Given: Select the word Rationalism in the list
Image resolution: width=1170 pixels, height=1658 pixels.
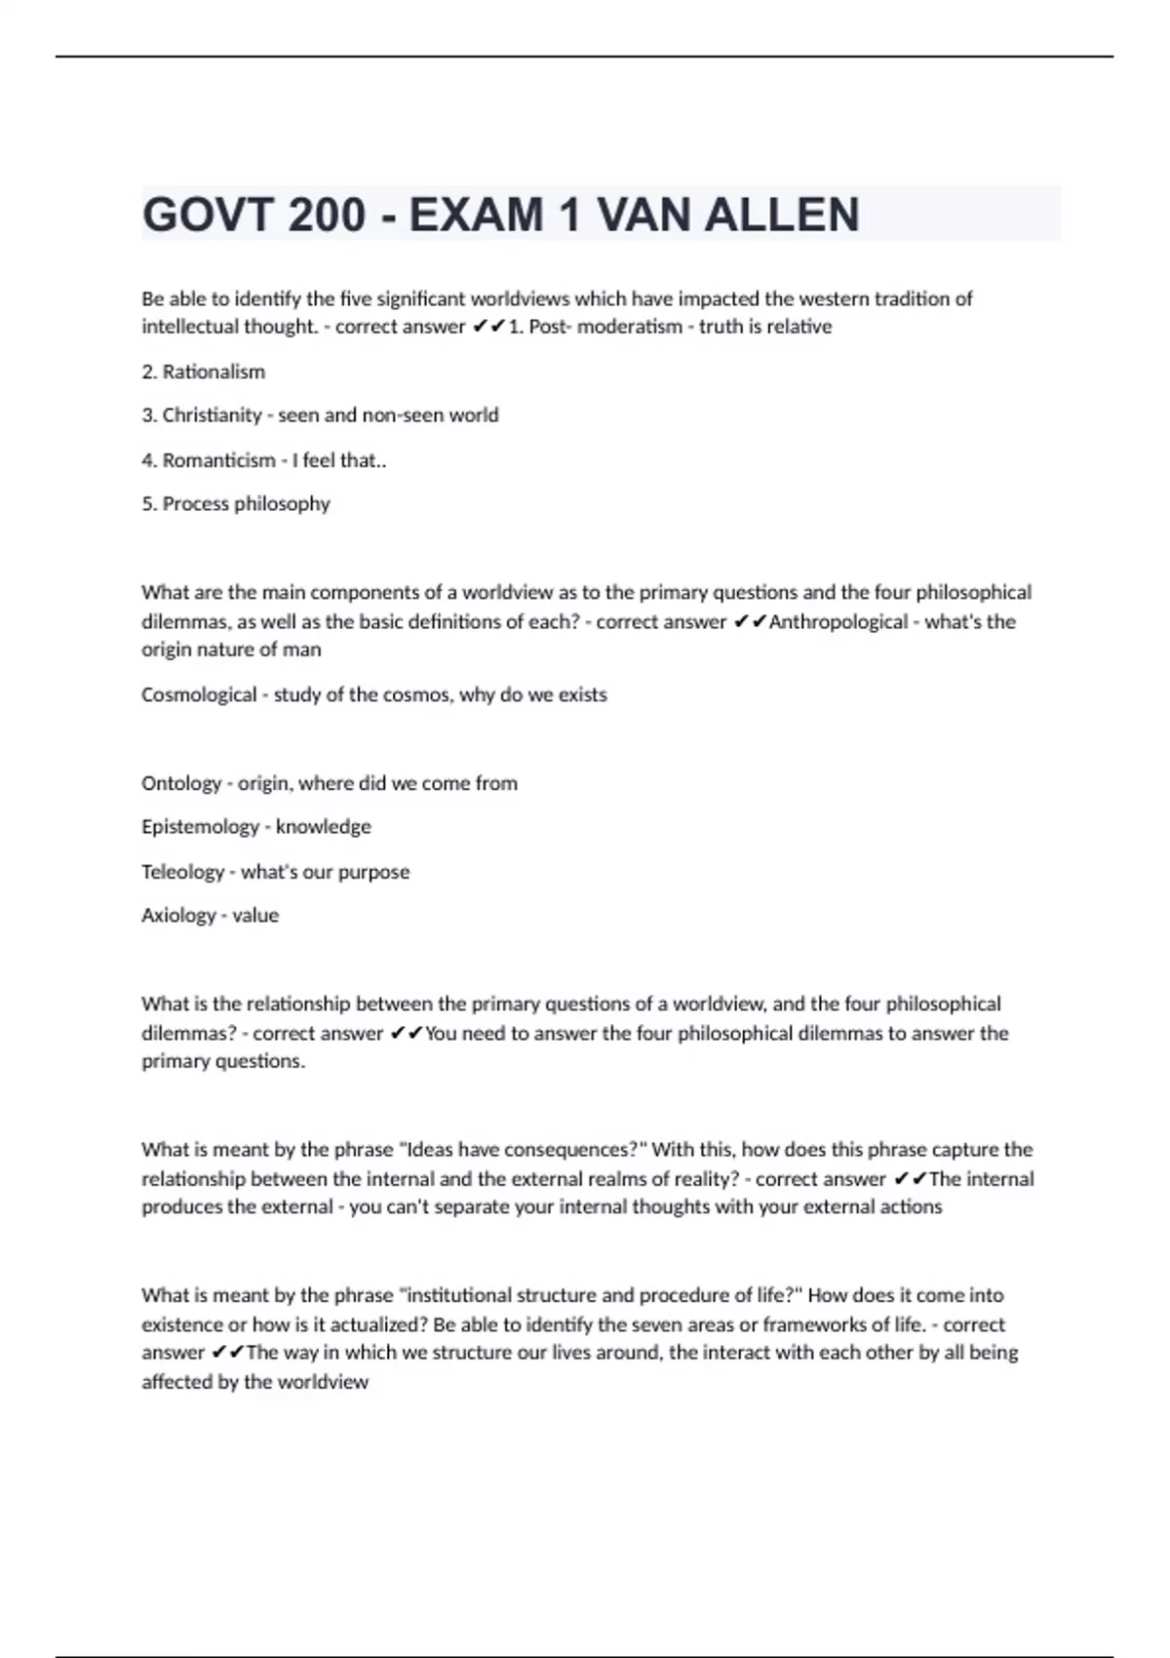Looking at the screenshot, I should pos(214,372).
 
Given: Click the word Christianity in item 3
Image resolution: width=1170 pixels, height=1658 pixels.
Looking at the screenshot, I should pos(212,415).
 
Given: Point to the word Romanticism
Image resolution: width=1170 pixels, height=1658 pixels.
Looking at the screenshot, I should pos(218,460).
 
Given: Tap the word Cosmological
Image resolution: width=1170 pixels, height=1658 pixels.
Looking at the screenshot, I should pos(199,695).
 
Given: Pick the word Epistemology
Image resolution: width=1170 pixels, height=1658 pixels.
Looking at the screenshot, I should pos(200,827).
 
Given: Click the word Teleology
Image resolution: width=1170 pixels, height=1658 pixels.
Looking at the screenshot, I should pos(182,872).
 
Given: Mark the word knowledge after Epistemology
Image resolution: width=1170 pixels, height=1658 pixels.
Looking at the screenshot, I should pos(323,827).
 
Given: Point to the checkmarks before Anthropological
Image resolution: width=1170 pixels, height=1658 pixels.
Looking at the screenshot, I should pos(749,622).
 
